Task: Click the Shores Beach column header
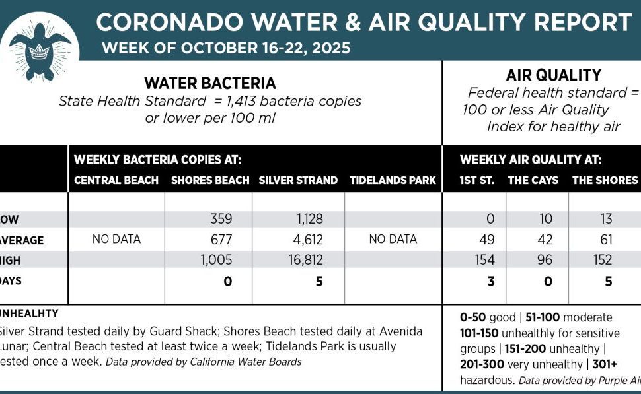(x=210, y=180)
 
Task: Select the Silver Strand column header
(x=298, y=180)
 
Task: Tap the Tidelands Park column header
(x=393, y=180)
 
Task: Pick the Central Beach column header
(x=116, y=180)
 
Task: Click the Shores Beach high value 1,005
(x=216, y=260)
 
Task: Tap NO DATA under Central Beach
(x=116, y=239)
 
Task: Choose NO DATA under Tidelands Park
(x=393, y=239)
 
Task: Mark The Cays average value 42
(x=545, y=240)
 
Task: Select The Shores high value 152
(x=603, y=260)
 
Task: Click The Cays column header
(x=533, y=180)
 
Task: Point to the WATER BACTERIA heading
(x=209, y=84)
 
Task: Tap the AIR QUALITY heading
(x=543, y=75)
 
